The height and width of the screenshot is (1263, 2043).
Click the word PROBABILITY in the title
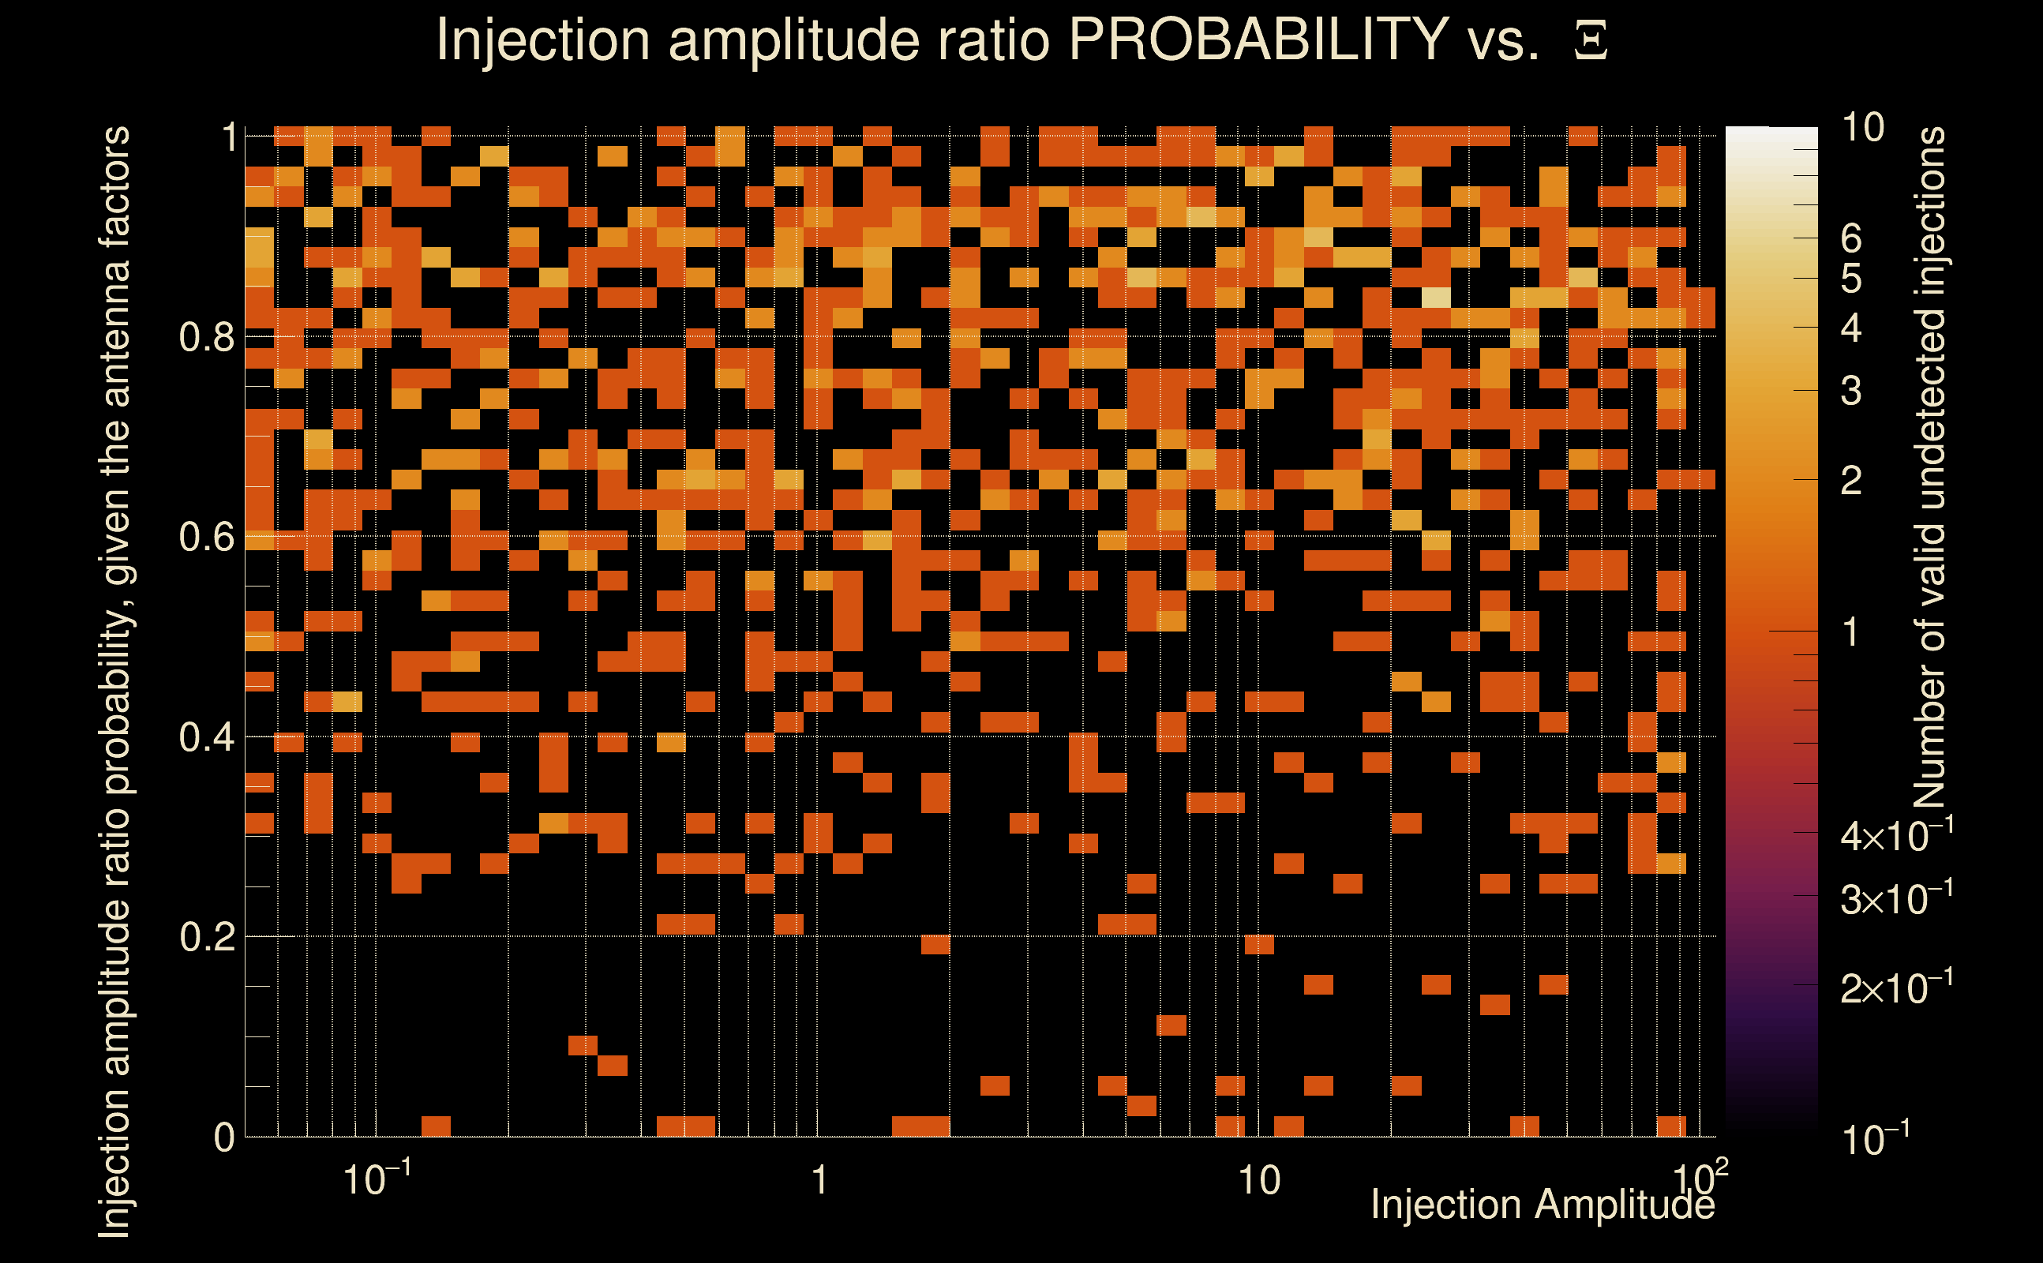(1258, 39)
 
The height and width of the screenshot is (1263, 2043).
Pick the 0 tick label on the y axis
(224, 1137)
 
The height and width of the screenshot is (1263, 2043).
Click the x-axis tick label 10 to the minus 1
(377, 1179)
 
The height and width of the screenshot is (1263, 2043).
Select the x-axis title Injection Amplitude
(1543, 1205)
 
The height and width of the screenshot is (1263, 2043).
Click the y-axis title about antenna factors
(114, 681)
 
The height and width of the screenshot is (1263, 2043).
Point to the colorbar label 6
(1851, 239)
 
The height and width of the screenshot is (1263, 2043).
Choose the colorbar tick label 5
(1851, 279)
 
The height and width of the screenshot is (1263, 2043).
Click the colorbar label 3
(1851, 391)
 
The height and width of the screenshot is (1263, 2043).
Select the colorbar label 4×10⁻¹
(1896, 834)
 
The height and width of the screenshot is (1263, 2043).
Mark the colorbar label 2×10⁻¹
(1896, 988)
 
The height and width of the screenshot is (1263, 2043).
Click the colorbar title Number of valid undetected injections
(1929, 468)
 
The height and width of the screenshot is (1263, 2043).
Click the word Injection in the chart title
(543, 39)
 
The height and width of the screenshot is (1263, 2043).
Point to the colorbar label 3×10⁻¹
(1896, 898)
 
